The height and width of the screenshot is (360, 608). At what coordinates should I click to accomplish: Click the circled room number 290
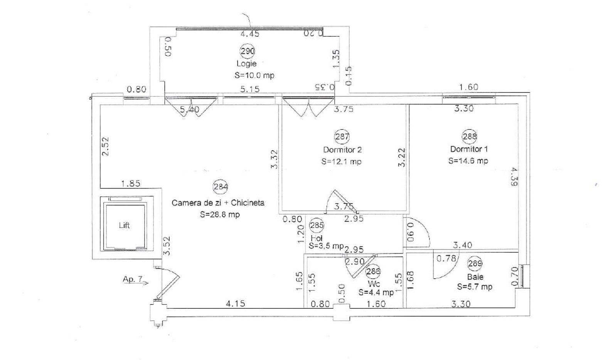pos(247,51)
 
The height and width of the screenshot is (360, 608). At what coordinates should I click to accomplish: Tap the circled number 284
pos(221,187)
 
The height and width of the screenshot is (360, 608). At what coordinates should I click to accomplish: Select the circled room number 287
pos(342,136)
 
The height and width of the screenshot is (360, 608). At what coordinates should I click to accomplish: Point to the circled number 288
pos(469,136)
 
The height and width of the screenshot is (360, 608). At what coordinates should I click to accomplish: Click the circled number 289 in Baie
pos(475,263)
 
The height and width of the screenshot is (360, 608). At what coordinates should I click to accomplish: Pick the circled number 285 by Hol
pos(317,225)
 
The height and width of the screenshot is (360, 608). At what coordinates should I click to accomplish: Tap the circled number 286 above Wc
pos(373,271)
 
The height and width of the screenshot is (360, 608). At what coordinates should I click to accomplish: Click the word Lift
pos(124,225)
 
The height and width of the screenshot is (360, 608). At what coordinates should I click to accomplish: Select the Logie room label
pos(246,64)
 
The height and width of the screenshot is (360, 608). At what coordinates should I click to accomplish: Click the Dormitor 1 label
pos(469,149)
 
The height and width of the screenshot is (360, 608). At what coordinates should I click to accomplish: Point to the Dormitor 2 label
pos(342,150)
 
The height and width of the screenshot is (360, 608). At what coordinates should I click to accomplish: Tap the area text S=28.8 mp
pos(220,215)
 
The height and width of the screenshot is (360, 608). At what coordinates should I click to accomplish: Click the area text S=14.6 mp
pos(468,161)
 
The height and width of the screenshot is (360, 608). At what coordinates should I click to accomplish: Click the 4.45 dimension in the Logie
pos(250,34)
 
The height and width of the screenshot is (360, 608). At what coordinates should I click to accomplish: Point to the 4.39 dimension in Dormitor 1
pos(514,177)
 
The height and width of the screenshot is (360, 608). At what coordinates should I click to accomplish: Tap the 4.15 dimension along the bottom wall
pos(235,303)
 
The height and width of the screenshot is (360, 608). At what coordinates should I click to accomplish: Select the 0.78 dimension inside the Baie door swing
pos(446,259)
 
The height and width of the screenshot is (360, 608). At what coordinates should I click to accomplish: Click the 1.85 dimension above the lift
pos(131,184)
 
